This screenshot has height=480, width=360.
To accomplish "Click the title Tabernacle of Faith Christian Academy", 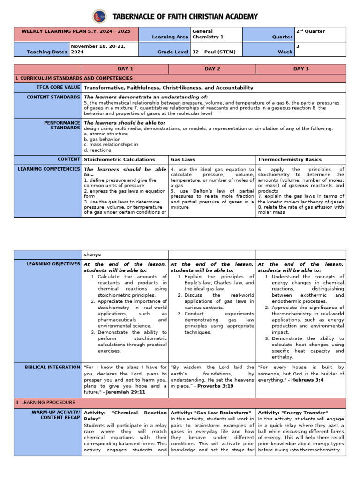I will click(185, 17).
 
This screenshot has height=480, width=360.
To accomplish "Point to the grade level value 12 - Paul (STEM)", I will click(214, 52).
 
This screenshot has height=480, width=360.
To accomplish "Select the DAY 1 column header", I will click(125, 69).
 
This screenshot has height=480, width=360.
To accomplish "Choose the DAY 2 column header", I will click(212, 69).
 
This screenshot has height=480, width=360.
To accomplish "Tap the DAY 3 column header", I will click(300, 69).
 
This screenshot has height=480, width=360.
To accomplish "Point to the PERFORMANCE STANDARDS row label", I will click(62, 125).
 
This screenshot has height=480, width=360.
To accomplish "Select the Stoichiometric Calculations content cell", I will click(119, 159).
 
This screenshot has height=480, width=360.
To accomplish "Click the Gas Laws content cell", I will click(182, 159).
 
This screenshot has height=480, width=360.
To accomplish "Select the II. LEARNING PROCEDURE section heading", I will click(45, 402).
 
